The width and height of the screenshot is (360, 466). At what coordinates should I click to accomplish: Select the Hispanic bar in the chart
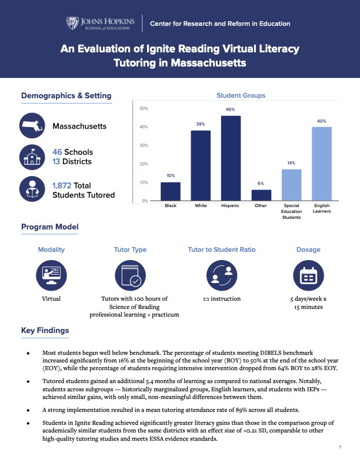click(x=231, y=158)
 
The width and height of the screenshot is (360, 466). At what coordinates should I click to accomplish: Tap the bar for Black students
click(x=171, y=191)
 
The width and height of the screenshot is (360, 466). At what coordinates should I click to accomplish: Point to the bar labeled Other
click(x=261, y=195)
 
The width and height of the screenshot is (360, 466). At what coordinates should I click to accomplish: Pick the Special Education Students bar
click(x=291, y=185)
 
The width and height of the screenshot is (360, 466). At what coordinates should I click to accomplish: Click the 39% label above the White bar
click(x=201, y=124)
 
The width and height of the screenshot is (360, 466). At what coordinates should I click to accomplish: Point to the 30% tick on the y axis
click(x=144, y=145)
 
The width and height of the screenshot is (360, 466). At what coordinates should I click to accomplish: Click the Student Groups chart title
click(x=241, y=95)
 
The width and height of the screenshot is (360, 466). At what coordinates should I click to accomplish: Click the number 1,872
click(x=62, y=185)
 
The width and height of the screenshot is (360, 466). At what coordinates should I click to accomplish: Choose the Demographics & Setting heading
click(x=66, y=96)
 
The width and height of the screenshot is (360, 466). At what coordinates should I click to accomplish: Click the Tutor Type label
click(x=130, y=249)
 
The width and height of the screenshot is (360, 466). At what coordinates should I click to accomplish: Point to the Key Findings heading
click(x=45, y=330)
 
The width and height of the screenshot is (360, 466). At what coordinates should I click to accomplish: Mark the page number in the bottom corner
click(x=340, y=448)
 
